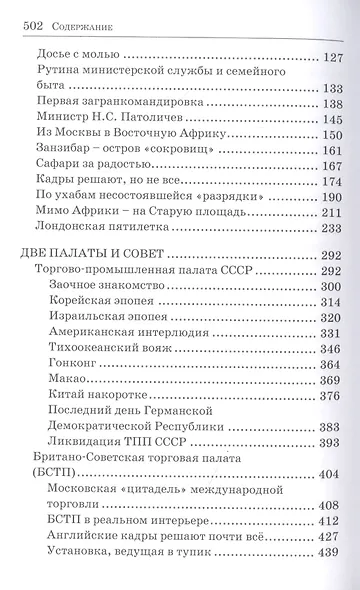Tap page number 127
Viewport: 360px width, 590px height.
[331, 58]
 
